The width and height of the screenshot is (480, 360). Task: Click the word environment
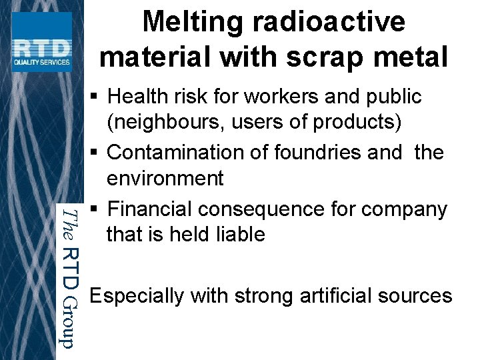point(165,179)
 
